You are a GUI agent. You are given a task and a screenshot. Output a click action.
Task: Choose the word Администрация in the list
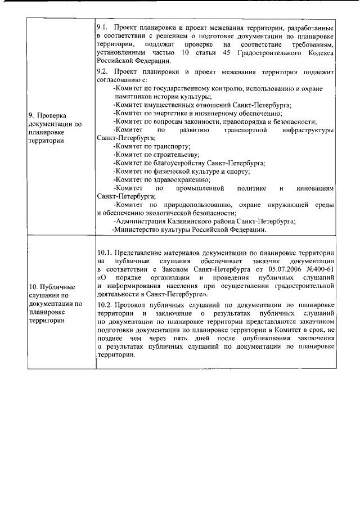coord(141,222)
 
